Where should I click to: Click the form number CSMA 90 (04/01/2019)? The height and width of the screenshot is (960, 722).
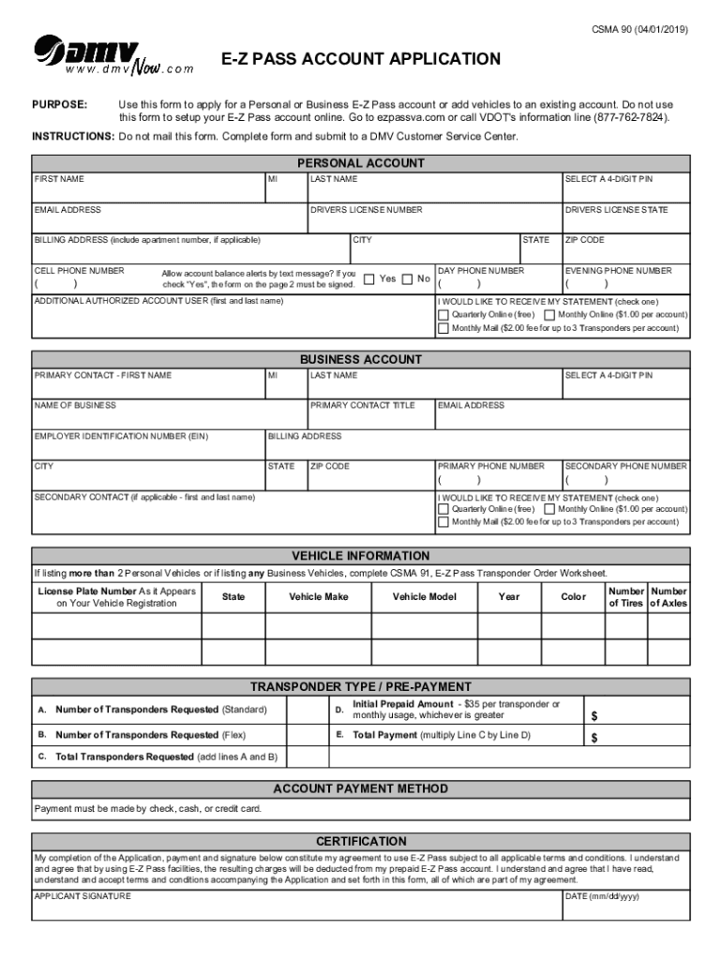click(640, 30)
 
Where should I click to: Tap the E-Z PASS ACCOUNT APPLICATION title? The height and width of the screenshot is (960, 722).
click(361, 60)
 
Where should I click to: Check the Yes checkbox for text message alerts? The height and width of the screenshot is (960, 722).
click(369, 278)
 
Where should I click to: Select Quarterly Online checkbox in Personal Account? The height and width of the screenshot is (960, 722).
click(444, 315)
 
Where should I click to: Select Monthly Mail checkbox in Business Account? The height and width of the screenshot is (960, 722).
click(444, 521)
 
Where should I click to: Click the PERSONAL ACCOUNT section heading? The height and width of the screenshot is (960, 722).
click(361, 163)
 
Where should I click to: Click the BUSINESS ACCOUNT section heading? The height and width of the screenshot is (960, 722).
click(361, 360)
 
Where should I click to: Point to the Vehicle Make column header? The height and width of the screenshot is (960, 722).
click(319, 597)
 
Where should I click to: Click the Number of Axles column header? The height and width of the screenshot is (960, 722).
click(669, 597)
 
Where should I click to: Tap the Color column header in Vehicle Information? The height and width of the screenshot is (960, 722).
click(573, 597)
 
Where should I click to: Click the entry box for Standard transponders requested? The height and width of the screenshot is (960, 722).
click(307, 709)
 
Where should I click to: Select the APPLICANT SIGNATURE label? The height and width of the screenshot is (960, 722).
click(83, 896)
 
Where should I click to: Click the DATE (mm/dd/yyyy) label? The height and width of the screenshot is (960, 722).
click(601, 896)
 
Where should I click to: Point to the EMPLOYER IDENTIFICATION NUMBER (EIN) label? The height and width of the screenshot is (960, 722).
click(121, 436)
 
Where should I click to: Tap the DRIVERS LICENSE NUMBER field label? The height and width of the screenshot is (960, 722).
click(367, 210)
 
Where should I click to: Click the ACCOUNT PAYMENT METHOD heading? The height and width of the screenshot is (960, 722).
click(361, 789)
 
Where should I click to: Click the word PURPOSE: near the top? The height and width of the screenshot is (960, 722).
click(61, 104)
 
